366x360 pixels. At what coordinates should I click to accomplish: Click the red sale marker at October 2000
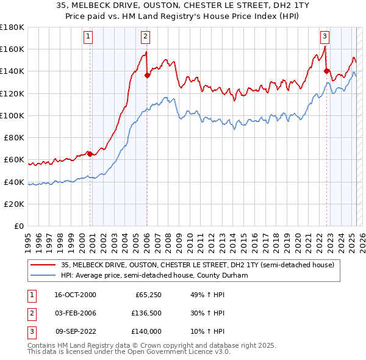coord(90,154)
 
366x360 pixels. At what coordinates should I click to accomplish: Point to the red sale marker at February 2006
coord(147,75)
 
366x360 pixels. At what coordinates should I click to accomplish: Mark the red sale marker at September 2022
coord(326,71)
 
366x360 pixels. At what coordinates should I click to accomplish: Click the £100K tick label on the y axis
coord(12,115)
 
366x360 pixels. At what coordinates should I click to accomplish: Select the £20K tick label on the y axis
coord(15,204)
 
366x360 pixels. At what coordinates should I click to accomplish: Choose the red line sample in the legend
coord(43,265)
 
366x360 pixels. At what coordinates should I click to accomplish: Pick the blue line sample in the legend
coord(43,276)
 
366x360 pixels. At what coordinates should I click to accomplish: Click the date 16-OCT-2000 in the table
coord(75,295)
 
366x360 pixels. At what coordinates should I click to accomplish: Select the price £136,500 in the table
coord(145,313)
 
